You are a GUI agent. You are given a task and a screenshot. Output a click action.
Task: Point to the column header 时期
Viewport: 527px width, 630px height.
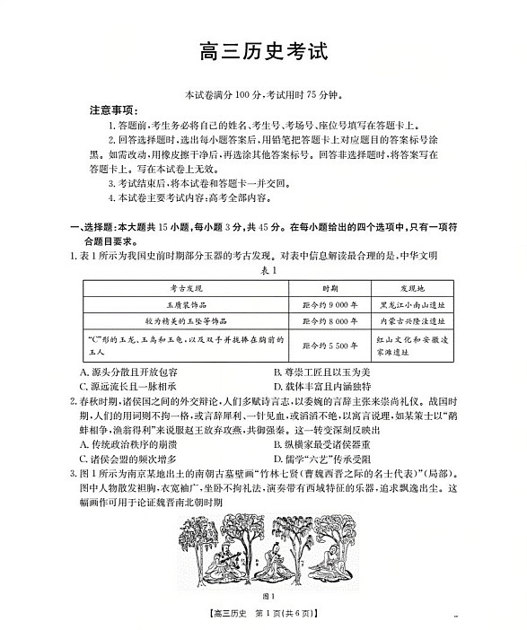click(x=329, y=288)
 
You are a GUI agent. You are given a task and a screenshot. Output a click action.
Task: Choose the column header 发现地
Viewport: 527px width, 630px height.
click(x=409, y=288)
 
